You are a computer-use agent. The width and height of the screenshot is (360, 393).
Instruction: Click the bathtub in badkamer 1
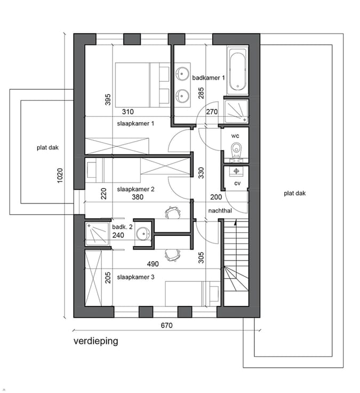(x=237, y=70)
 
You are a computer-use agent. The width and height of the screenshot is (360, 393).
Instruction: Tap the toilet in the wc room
(x=236, y=151)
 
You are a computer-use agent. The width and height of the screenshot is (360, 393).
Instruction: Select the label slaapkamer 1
(x=135, y=123)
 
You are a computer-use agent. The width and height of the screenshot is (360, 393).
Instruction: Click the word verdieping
(x=95, y=341)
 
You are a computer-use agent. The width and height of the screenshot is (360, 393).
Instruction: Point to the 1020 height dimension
(x=60, y=175)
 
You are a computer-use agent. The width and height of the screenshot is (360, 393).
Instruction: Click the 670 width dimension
(x=166, y=325)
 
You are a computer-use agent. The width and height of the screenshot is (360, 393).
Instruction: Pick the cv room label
(x=237, y=183)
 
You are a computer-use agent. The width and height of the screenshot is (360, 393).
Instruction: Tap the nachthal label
(x=220, y=210)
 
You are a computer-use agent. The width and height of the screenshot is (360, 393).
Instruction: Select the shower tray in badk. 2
(x=98, y=234)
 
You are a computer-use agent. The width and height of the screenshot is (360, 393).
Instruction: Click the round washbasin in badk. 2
(x=143, y=234)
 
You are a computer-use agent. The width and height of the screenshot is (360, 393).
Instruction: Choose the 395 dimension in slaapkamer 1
(x=108, y=99)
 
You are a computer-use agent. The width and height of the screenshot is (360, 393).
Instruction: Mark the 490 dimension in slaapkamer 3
(x=153, y=264)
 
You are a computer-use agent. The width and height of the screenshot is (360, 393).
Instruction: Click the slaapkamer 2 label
(x=135, y=189)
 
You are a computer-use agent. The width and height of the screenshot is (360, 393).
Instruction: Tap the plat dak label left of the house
(x=47, y=147)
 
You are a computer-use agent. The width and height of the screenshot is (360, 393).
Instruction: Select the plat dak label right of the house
(x=294, y=193)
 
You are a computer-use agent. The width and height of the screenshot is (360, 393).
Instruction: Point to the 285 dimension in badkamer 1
(x=201, y=93)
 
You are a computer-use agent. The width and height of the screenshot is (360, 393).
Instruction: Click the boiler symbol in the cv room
(x=236, y=171)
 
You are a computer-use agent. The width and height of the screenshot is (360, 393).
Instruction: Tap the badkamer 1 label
(x=209, y=78)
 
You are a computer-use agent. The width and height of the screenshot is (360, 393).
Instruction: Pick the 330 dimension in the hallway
(x=201, y=173)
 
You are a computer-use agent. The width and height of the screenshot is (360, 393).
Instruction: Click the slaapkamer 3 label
(x=135, y=277)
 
